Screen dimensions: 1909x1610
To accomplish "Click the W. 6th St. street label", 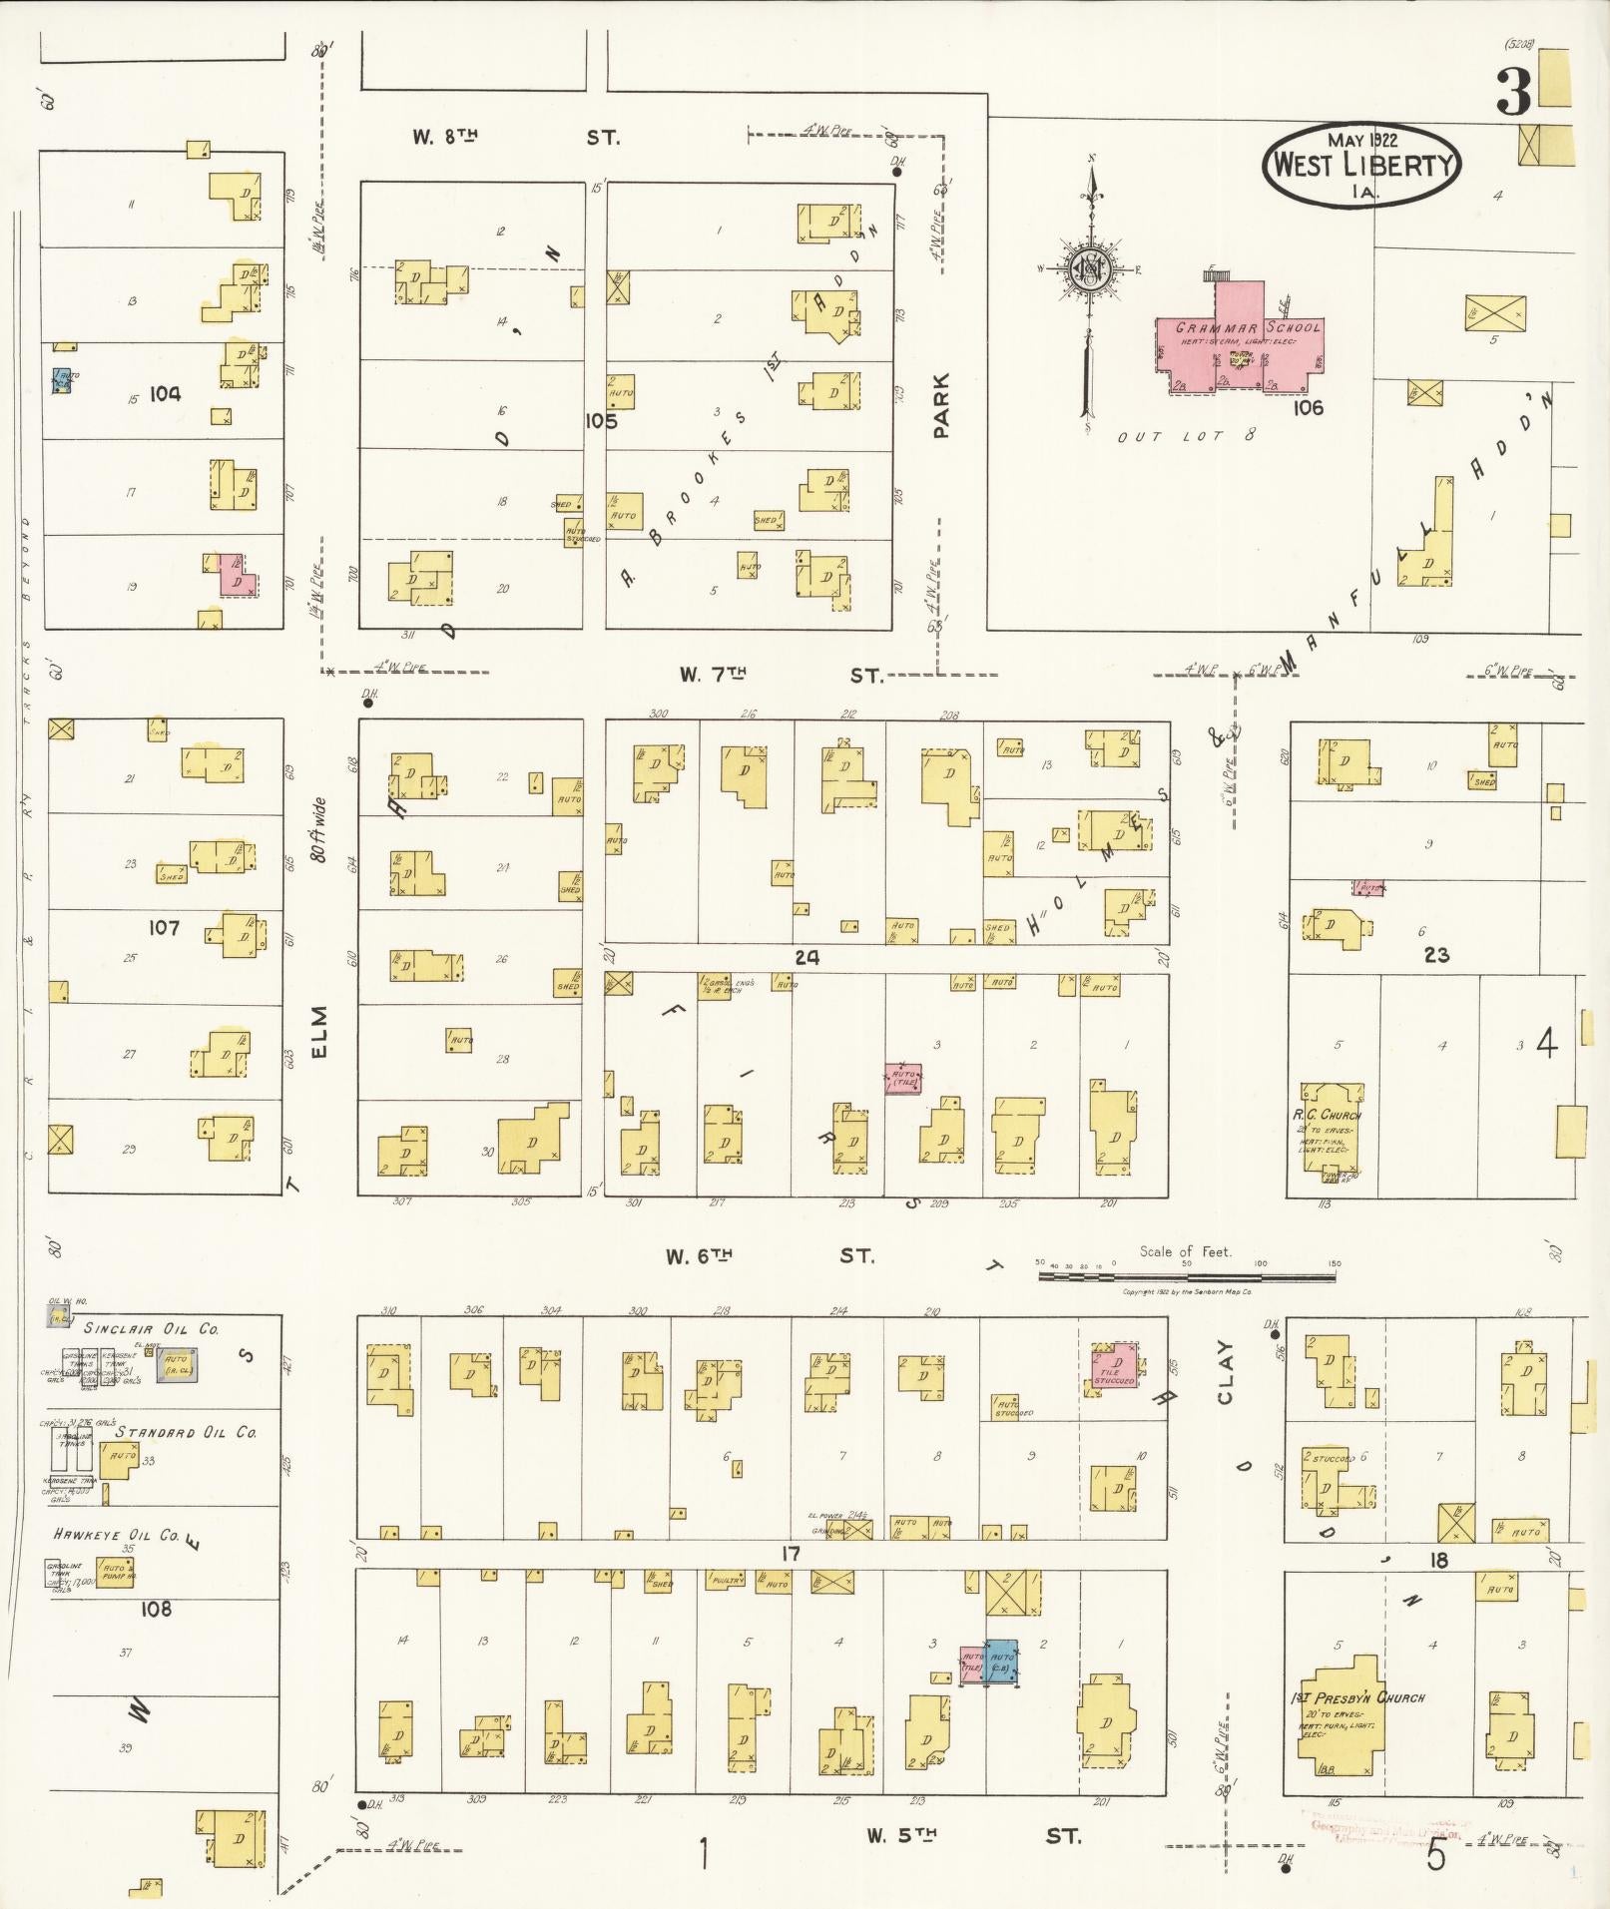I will click(x=769, y=1256).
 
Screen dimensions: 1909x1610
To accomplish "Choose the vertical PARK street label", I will click(x=941, y=405).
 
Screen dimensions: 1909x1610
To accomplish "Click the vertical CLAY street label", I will click(x=1225, y=1372).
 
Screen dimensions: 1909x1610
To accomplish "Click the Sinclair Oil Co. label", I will click(x=152, y=1329).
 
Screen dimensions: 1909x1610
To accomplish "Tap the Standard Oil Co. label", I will click(x=186, y=1432).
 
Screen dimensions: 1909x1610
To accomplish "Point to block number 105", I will click(x=602, y=421).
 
